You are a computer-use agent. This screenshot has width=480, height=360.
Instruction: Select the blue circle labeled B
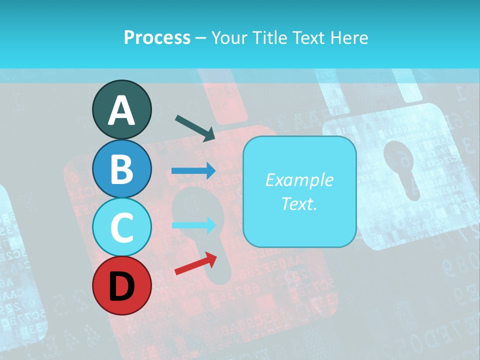[x=121, y=168]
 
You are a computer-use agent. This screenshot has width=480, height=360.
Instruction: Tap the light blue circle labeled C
[x=121, y=227]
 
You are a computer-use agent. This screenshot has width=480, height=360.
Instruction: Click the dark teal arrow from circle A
[x=195, y=127]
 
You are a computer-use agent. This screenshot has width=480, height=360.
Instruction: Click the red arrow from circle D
[x=195, y=263]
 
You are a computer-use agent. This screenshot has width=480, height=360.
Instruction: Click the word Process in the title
[x=157, y=37]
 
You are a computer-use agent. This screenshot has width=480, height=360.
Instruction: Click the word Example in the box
[x=299, y=180]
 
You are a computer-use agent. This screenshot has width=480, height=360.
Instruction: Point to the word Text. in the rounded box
[x=299, y=203]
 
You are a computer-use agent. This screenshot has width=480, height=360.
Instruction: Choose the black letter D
[x=121, y=286]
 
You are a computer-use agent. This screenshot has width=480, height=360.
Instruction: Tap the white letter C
[x=121, y=227]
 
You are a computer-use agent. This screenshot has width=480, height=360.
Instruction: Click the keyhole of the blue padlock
[x=402, y=167]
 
